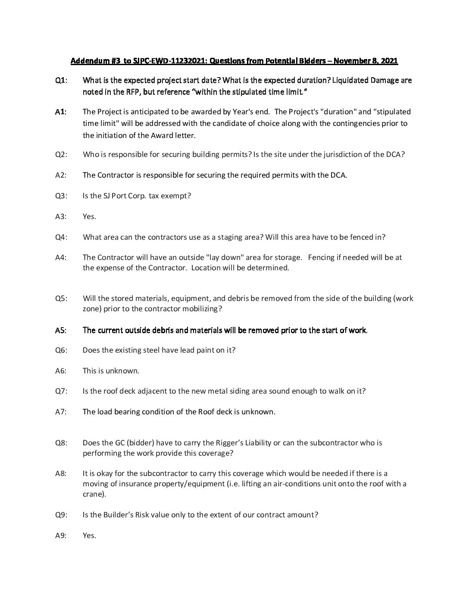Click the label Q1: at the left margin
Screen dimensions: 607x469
click(x=61, y=80)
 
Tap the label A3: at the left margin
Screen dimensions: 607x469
click(x=61, y=216)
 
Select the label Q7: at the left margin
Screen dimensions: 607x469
click(x=61, y=391)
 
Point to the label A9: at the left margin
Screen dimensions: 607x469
click(x=61, y=535)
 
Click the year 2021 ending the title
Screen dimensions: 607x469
click(x=389, y=61)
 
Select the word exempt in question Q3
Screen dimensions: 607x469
click(x=176, y=196)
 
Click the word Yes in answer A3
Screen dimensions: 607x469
click(x=89, y=216)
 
